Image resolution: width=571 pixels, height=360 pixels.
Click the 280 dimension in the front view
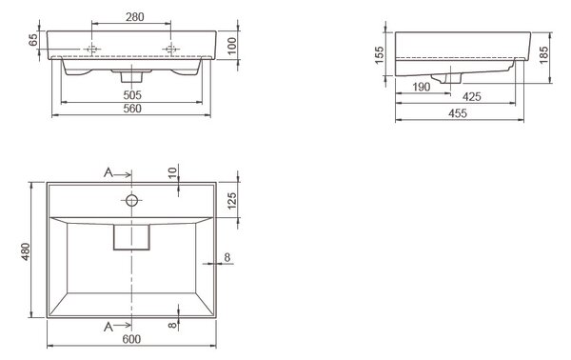(x=135, y=17)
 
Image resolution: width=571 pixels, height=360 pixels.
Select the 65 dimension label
(x=32, y=40)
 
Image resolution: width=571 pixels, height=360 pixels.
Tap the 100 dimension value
(x=231, y=46)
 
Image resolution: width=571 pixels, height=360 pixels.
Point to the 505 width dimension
(x=132, y=95)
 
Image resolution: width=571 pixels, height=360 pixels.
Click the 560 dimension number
(x=132, y=109)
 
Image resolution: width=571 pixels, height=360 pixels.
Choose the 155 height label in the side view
(x=379, y=54)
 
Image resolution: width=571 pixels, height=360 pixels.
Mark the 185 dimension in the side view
(x=543, y=54)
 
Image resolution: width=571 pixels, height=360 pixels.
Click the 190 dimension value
(x=422, y=87)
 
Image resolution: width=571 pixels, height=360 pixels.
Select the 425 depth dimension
(x=472, y=97)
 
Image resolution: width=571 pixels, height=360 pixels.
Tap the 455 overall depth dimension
(x=458, y=113)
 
